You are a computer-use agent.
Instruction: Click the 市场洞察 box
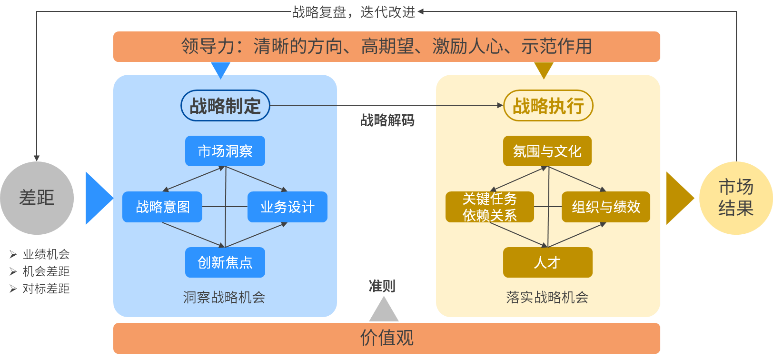pyautogui.click(x=225, y=151)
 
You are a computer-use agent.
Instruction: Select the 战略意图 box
pyautogui.click(x=162, y=207)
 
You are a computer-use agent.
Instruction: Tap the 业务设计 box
pyautogui.click(x=287, y=207)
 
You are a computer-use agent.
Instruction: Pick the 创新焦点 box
pyautogui.click(x=225, y=262)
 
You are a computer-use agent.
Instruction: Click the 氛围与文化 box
pyautogui.click(x=547, y=151)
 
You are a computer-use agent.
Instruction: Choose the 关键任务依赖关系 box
pyautogui.click(x=489, y=207)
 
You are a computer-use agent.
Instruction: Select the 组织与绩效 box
pyautogui.click(x=605, y=207)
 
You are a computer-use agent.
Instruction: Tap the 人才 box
pyautogui.click(x=547, y=262)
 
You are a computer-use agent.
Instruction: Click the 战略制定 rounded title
pyautogui.click(x=225, y=106)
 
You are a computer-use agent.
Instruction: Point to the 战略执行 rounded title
pyautogui.click(x=548, y=106)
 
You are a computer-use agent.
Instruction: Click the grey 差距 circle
pyautogui.click(x=37, y=198)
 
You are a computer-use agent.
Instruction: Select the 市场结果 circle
pyautogui.click(x=735, y=198)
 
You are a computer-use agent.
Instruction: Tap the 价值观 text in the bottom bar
pyautogui.click(x=386, y=338)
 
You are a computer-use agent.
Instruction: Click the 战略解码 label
pyautogui.click(x=387, y=120)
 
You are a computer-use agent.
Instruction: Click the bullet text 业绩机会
pyautogui.click(x=46, y=254)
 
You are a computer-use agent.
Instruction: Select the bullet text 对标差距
pyautogui.click(x=46, y=289)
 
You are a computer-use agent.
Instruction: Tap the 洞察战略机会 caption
pyautogui.click(x=224, y=298)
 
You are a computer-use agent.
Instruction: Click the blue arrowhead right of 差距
pyautogui.click(x=97, y=198)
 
